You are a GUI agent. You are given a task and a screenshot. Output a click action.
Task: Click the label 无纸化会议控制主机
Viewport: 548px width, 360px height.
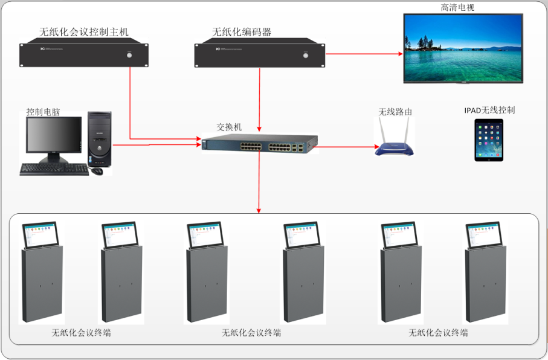pos(84,31)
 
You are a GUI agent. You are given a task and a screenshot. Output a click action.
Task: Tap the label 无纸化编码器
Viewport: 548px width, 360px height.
pos(242,31)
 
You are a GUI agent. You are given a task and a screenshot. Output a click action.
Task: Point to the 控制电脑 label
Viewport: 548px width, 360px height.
pos(44,112)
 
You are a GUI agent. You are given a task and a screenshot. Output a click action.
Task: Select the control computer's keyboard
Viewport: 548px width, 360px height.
pos(54,169)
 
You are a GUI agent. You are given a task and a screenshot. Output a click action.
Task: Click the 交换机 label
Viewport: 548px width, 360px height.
pos(229,127)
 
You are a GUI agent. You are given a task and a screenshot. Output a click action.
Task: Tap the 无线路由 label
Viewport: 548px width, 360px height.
pos(396,112)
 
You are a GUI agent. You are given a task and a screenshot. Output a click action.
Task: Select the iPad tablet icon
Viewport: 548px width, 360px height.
pos(489,140)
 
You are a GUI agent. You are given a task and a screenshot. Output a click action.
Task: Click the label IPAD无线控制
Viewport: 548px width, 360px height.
pos(489,111)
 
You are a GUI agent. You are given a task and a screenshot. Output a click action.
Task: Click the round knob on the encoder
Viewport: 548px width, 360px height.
pos(305,56)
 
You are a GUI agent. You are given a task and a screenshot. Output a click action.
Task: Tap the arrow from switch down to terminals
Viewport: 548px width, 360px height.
pos(259,181)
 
